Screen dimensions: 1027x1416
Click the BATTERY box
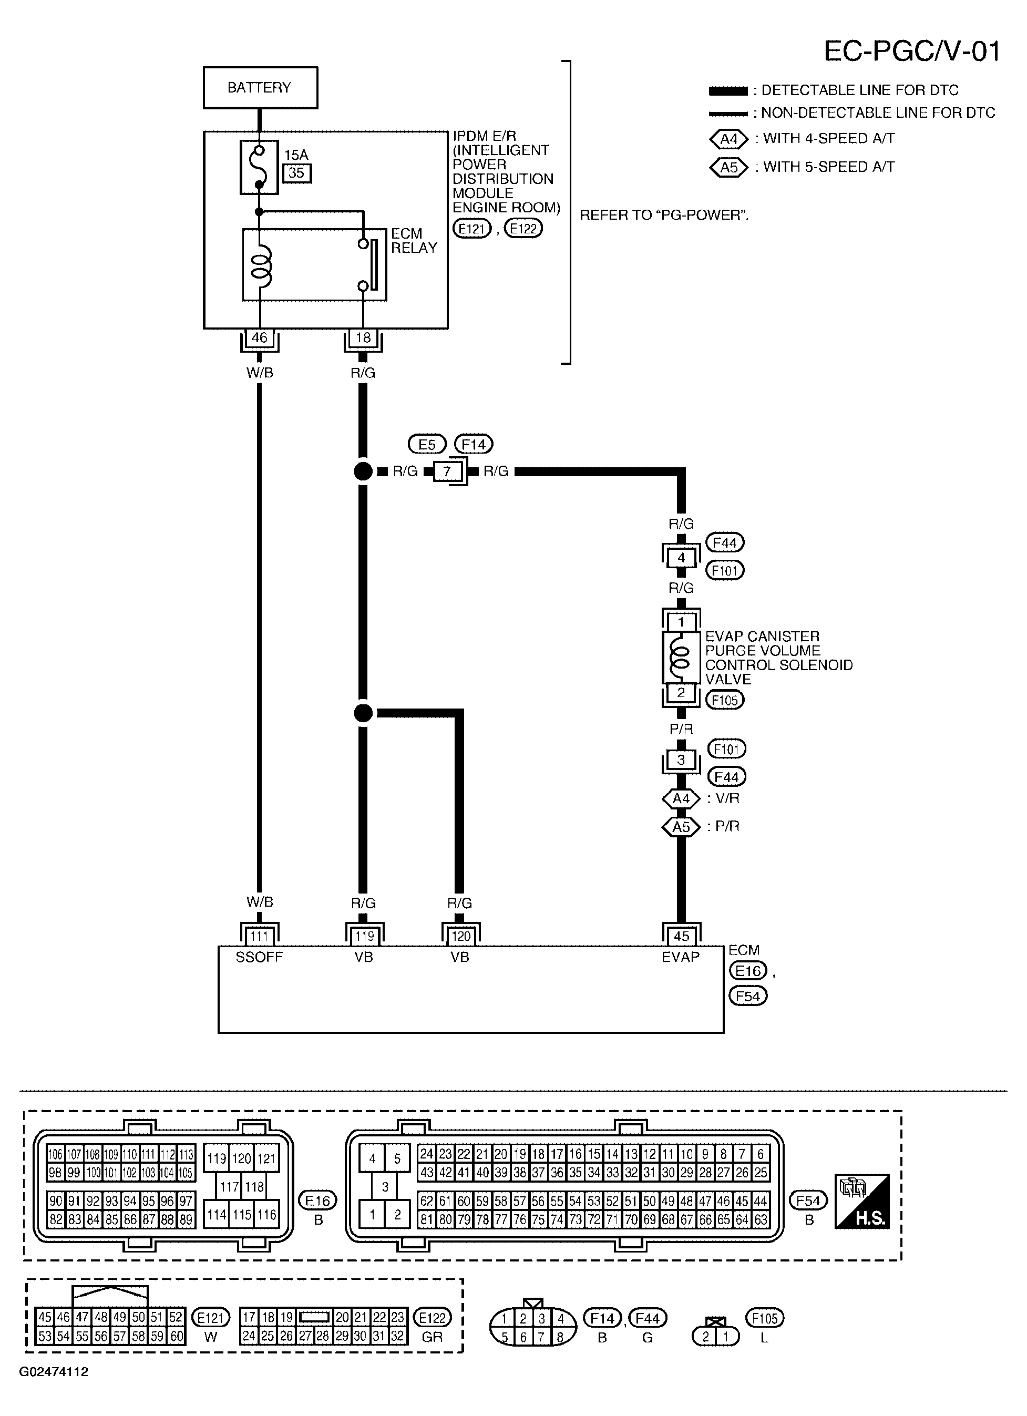tap(260, 87)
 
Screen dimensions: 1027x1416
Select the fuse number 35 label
tap(296, 173)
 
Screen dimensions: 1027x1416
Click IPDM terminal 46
tap(259, 338)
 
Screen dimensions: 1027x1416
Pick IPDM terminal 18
tap(363, 338)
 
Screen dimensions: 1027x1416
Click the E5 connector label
tap(427, 445)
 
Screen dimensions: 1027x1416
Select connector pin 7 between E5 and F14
tap(447, 471)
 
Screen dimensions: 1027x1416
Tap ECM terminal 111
tap(259, 936)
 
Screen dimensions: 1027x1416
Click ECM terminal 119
tap(364, 936)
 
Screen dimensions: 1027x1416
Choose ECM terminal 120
tap(461, 936)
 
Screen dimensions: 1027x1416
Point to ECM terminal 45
tap(682, 936)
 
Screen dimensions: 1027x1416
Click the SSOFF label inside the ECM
tap(259, 957)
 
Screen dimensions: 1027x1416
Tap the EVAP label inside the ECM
tap(681, 957)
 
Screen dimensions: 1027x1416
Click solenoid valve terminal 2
tap(681, 692)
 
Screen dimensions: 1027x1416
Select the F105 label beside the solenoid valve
tap(725, 700)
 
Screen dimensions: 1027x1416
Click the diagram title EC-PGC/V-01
tap(912, 51)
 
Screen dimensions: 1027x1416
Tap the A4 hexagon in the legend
tap(728, 139)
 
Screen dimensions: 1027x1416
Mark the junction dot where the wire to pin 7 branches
tap(363, 471)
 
